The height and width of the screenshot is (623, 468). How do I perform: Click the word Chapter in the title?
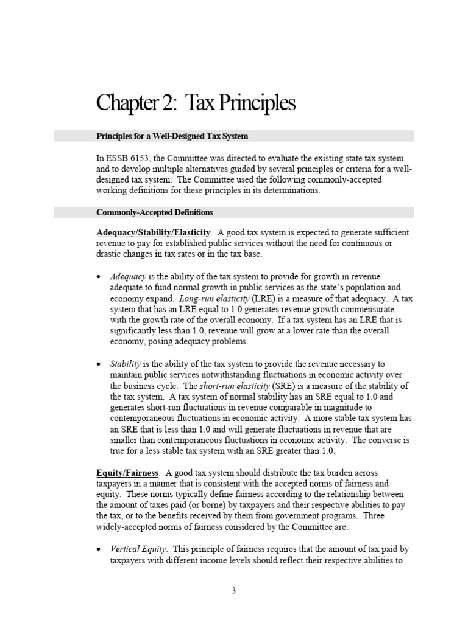(x=125, y=104)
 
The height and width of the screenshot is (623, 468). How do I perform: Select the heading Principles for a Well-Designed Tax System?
(x=172, y=136)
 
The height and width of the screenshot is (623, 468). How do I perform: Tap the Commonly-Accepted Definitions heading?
(x=155, y=212)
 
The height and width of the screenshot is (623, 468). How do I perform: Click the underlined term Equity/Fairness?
(x=127, y=473)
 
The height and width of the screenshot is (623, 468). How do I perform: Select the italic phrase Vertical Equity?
(x=138, y=549)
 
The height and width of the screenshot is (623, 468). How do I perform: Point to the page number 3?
(x=233, y=590)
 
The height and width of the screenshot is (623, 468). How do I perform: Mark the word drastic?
(x=109, y=254)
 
